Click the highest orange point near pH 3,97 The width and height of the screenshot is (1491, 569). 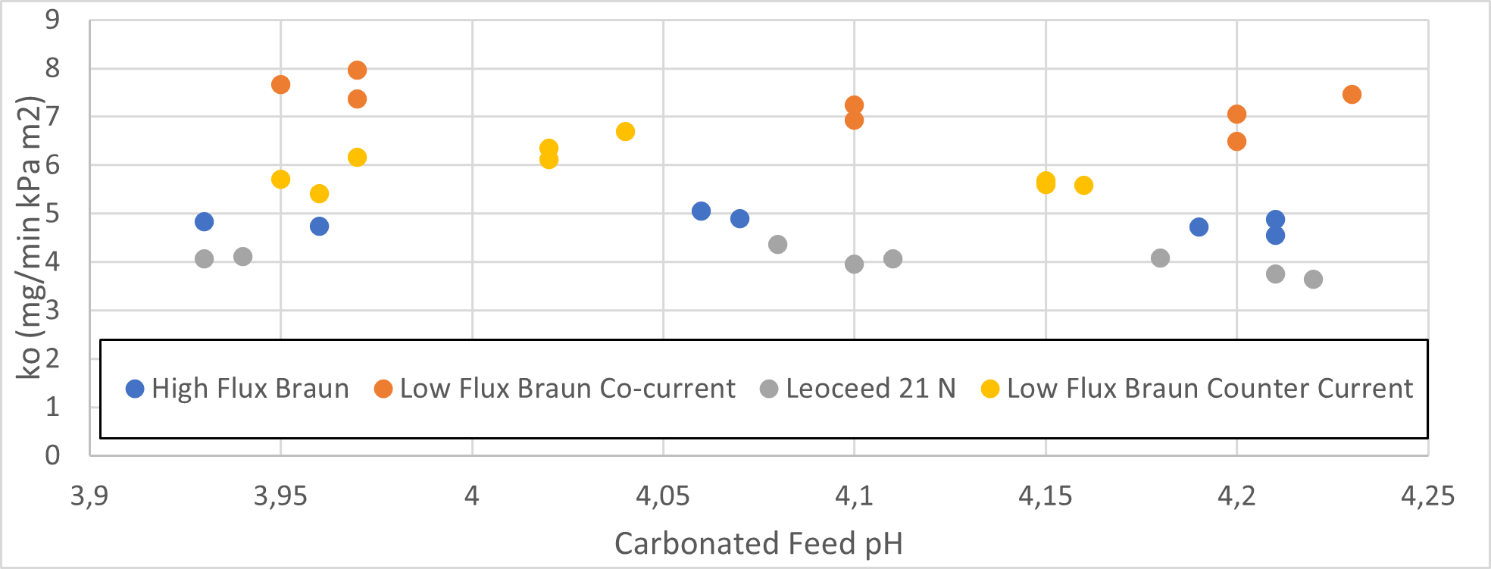click(x=357, y=70)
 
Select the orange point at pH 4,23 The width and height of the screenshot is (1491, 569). click(x=1352, y=95)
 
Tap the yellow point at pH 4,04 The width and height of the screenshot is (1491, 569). click(x=625, y=132)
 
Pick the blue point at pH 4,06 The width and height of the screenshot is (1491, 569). click(x=701, y=211)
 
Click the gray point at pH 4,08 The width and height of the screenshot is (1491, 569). click(x=777, y=245)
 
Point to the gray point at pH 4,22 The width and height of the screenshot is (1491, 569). click(x=1313, y=280)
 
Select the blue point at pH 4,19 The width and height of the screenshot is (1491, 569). click(x=1199, y=227)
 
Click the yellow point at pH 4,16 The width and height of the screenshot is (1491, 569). click(x=1083, y=186)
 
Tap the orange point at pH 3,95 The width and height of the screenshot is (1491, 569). click(x=280, y=85)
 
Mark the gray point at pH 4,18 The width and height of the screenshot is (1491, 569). click(x=1160, y=258)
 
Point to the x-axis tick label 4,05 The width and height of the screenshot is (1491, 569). click(x=663, y=496)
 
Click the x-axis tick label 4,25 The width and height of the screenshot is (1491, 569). click(x=1427, y=496)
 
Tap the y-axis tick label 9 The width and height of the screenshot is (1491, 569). click(x=52, y=20)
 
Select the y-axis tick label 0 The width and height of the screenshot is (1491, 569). click(x=52, y=455)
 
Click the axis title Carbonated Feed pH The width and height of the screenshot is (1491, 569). click(x=758, y=544)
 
